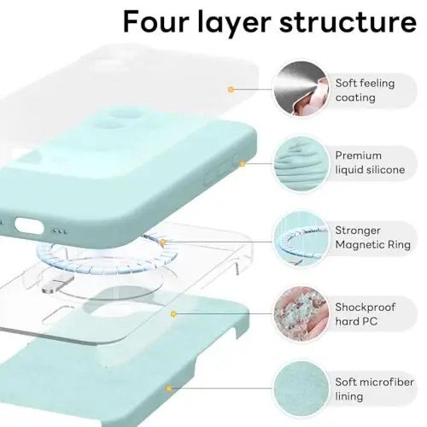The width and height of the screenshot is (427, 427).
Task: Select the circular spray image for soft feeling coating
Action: tap(300, 90)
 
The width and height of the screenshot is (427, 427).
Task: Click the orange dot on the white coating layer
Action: tap(231, 88)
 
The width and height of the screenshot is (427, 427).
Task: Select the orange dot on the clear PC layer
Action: tap(174, 313)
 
